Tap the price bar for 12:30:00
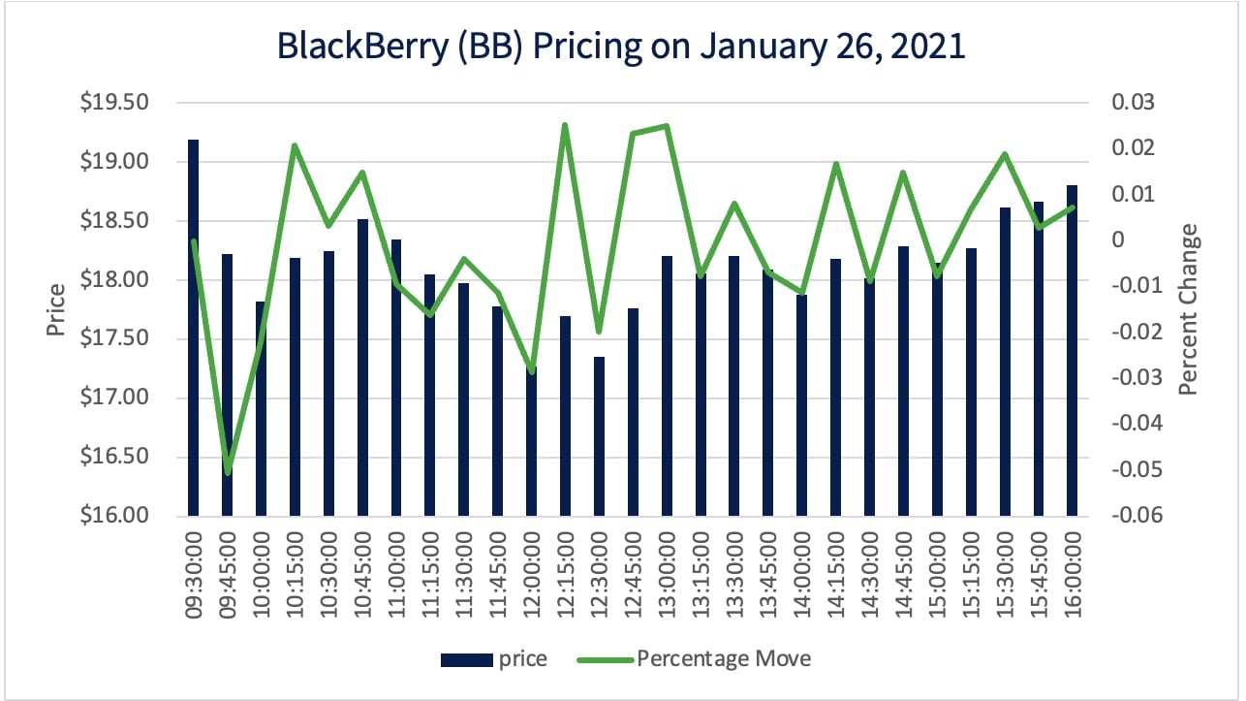599,436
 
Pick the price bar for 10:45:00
362,367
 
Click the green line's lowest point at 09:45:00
229,472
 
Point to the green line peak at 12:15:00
565,125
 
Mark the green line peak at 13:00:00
667,125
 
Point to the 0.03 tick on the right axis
1127,103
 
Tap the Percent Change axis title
1189,308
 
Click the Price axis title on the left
56,308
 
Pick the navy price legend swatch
466,659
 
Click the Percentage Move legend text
724,659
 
